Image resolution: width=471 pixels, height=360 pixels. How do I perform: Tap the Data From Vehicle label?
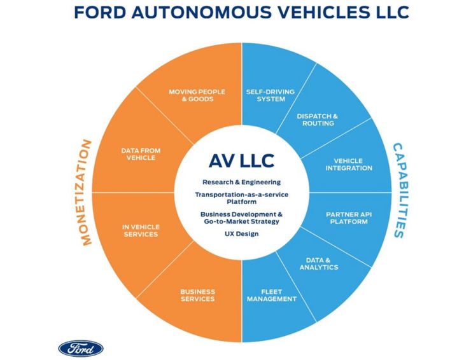(x=141, y=154)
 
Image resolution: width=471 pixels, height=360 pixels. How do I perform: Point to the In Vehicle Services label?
(x=141, y=230)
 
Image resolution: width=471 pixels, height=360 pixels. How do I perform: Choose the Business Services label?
(x=197, y=294)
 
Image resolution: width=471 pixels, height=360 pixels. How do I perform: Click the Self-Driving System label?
(x=270, y=95)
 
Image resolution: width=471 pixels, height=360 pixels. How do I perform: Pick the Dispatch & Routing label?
(x=318, y=120)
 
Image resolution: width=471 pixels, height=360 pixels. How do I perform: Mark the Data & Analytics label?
(x=318, y=263)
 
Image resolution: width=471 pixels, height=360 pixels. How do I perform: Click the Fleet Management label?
(x=271, y=294)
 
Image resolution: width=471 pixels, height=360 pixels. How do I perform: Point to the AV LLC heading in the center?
(x=236, y=160)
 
